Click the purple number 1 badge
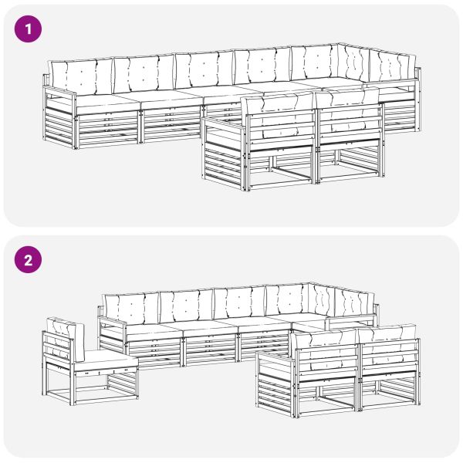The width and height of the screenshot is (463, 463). (x=29, y=30)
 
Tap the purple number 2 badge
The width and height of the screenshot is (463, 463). (x=29, y=261)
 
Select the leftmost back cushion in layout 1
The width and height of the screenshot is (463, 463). (x=80, y=76)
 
